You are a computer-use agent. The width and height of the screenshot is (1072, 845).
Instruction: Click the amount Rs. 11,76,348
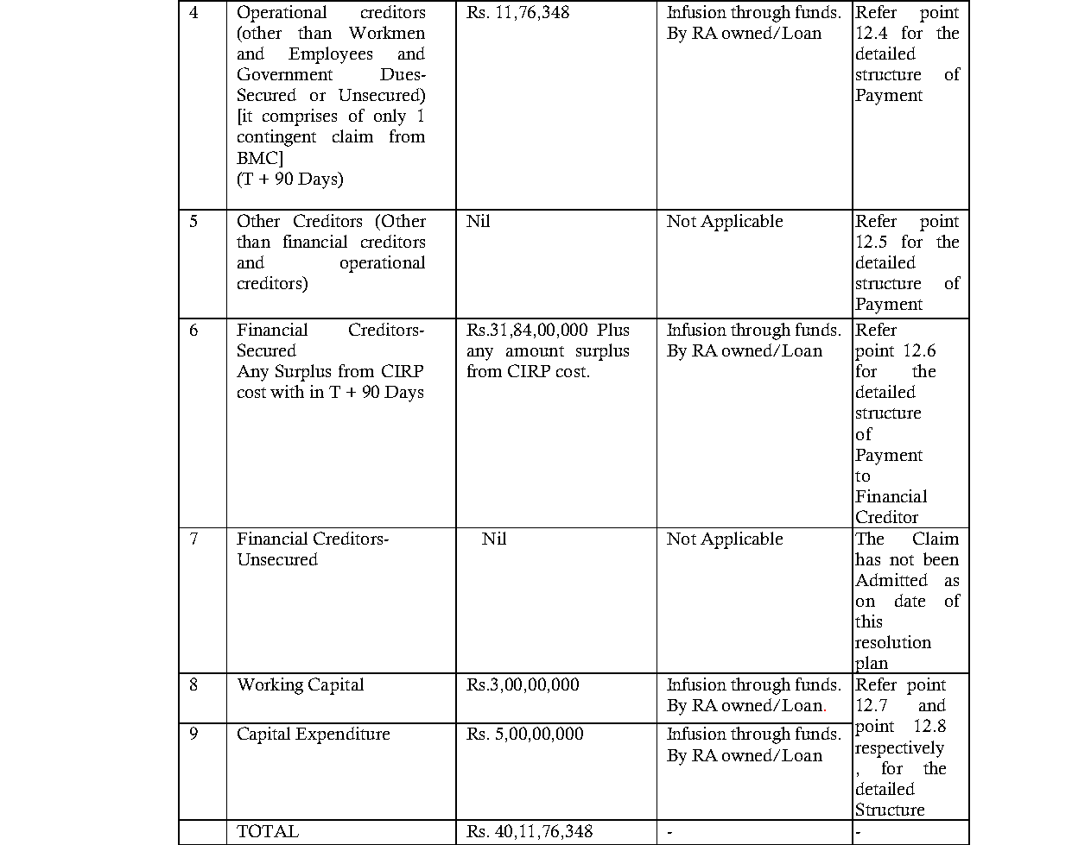[517, 13]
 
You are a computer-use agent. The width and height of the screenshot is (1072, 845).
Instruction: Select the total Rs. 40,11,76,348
[530, 832]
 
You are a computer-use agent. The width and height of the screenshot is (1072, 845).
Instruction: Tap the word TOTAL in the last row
[268, 832]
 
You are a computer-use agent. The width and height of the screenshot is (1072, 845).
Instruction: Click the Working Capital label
[300, 685]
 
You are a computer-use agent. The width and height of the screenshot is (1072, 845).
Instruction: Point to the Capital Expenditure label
[313, 735]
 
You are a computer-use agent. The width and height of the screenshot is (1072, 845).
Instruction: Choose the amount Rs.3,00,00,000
[523, 685]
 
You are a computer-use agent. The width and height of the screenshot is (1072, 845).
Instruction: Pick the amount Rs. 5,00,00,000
[524, 735]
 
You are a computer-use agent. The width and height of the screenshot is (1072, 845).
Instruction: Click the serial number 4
[193, 13]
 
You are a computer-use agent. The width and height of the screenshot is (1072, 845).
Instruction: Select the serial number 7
[193, 539]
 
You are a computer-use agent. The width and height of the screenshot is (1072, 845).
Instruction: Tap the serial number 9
[193, 735]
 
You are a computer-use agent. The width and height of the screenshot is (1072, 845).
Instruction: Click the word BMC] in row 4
[260, 159]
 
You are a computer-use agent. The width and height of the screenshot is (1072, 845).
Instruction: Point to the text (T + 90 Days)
[289, 180]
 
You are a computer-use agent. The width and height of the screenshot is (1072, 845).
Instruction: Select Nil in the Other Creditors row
[478, 222]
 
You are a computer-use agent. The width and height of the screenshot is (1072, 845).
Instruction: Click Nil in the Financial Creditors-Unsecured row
[493, 539]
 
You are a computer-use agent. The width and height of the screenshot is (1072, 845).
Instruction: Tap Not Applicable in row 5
[724, 222]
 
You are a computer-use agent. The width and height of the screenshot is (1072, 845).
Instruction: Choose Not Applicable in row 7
[724, 539]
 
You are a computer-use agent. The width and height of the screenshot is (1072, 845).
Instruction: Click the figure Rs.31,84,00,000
[527, 331]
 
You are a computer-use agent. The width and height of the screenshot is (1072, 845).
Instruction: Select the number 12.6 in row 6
[919, 351]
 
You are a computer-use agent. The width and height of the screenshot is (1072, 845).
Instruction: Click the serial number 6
[193, 331]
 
